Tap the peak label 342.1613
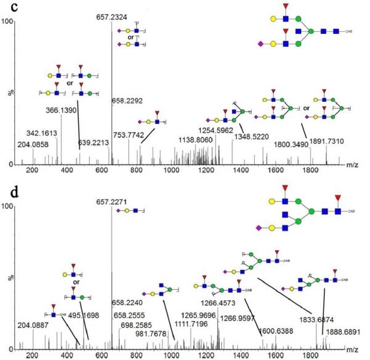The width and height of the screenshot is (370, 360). tap(41, 133)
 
